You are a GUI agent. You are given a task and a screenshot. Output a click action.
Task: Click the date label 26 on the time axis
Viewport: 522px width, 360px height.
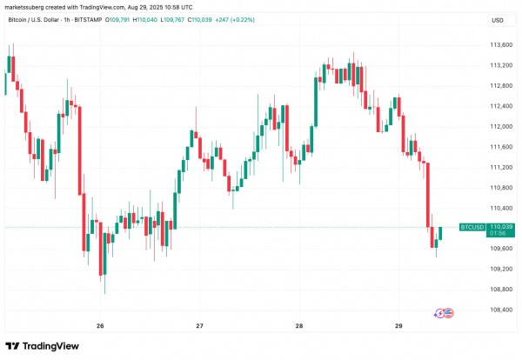pos(100,326)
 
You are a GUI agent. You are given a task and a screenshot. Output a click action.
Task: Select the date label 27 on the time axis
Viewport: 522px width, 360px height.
pos(199,326)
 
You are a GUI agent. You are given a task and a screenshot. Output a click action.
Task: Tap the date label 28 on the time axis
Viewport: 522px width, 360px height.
pos(298,326)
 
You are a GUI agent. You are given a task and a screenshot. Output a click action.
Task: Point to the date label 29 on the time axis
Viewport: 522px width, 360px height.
pos(398,326)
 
